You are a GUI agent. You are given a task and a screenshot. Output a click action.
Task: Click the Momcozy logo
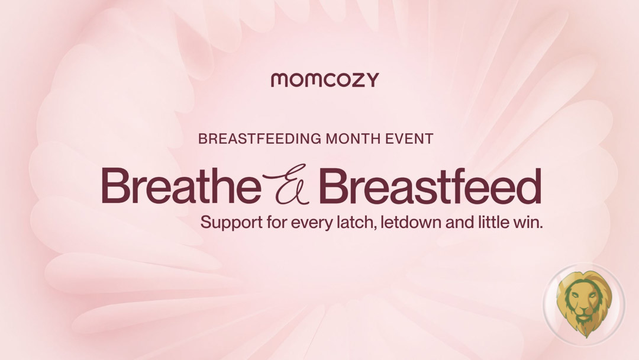click(x=325, y=80)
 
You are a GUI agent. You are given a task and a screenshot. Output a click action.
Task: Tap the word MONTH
click(x=353, y=139)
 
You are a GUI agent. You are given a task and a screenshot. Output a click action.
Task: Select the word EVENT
click(x=409, y=139)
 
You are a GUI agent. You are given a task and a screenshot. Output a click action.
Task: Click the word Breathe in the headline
click(x=182, y=185)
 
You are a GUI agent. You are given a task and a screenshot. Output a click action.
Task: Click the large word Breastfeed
click(x=430, y=185)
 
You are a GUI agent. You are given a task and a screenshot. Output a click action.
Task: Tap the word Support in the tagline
click(x=231, y=223)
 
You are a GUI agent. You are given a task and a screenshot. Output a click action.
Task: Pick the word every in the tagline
click(x=312, y=224)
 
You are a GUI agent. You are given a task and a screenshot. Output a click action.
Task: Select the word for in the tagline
click(x=277, y=223)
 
